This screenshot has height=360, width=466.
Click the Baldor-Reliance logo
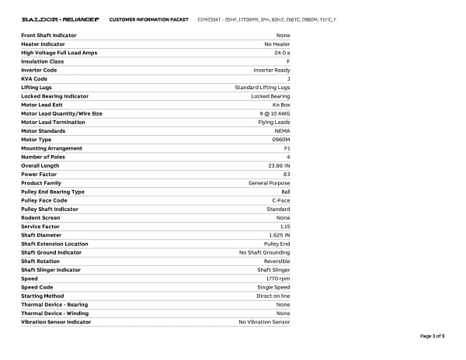(x=60, y=19)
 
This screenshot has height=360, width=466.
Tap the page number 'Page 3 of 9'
(x=432, y=336)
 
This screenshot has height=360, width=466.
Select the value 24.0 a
(x=282, y=53)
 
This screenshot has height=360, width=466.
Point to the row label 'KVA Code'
(x=34, y=78)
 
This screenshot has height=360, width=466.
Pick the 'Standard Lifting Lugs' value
(x=262, y=88)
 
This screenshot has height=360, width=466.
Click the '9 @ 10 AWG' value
(x=274, y=113)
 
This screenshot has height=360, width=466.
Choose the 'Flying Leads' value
(x=273, y=122)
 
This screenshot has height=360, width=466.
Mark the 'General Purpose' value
(x=269, y=183)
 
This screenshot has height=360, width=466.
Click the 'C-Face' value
(x=280, y=200)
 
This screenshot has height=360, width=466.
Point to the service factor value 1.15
(x=284, y=227)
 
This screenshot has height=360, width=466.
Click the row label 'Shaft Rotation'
(x=40, y=261)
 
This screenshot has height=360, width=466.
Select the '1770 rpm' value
(x=278, y=279)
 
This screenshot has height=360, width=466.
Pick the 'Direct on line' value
(x=273, y=296)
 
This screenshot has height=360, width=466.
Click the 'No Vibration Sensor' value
(x=264, y=322)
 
